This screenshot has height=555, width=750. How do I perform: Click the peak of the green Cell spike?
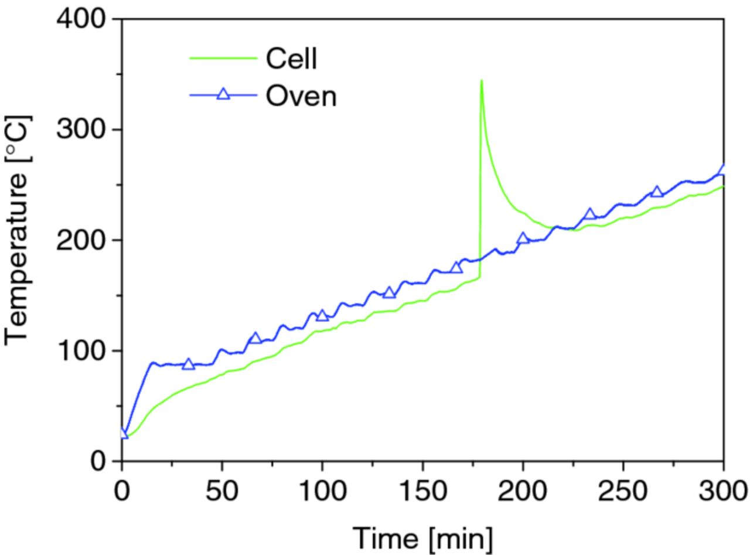pyautogui.click(x=481, y=81)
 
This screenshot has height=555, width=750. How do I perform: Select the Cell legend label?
pyautogui.click(x=291, y=59)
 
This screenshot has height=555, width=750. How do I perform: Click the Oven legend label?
pyautogui.click(x=301, y=95)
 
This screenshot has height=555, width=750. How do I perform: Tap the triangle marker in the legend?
pyautogui.click(x=223, y=94)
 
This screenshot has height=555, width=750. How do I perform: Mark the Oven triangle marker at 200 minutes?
pyautogui.click(x=523, y=238)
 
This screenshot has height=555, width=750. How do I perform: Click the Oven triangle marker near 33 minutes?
pyautogui.click(x=188, y=364)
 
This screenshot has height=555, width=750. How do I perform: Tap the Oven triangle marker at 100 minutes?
pyautogui.click(x=322, y=315)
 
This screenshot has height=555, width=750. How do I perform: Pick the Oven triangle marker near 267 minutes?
pyautogui.click(x=657, y=192)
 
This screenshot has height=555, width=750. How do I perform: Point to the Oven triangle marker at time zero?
pyautogui.click(x=122, y=433)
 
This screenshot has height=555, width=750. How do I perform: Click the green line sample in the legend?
pyautogui.click(x=223, y=59)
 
